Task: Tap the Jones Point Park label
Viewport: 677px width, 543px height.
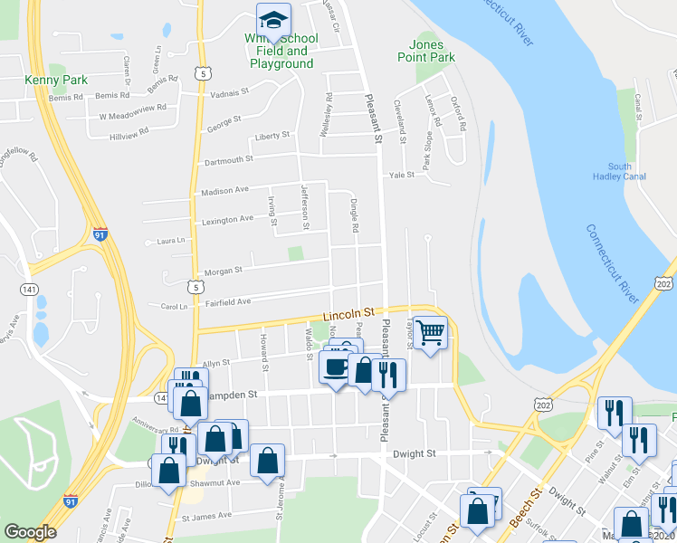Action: pos(425,51)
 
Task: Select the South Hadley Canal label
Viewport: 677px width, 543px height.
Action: pos(620,171)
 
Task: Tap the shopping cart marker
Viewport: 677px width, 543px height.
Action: pos(431,333)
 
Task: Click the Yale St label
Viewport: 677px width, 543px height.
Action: pos(401,175)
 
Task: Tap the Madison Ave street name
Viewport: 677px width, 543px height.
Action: pos(224,190)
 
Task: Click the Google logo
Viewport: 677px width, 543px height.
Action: pos(30,531)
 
